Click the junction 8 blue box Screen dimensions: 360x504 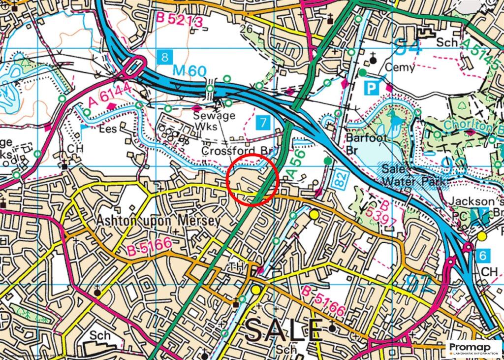point(164,57)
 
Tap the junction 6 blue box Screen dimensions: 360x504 point(483,255)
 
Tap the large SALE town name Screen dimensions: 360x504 point(284,329)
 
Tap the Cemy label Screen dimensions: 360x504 point(400,68)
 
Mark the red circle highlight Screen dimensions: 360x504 point(253,179)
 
